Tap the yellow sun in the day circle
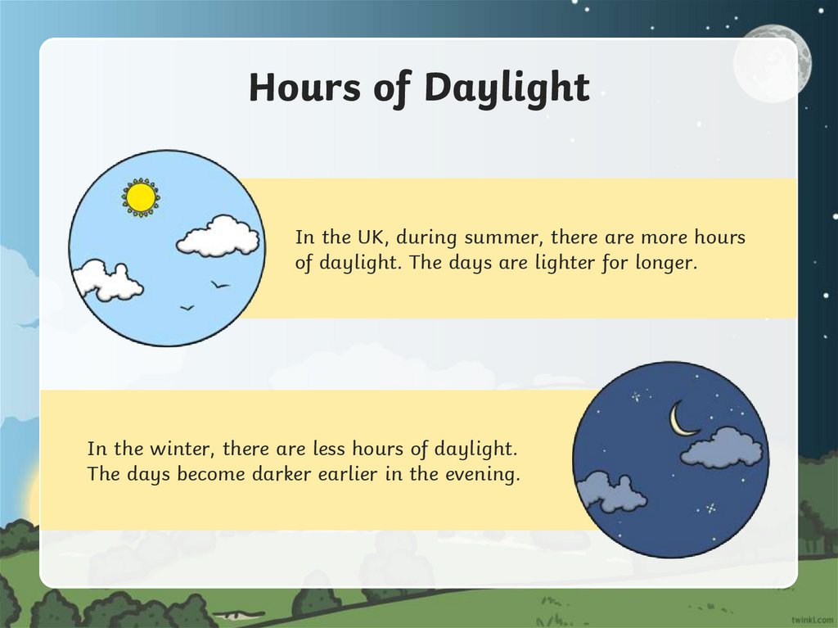[141, 197]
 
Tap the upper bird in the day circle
[219, 284]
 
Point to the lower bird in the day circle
[187, 308]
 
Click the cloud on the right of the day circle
[218, 237]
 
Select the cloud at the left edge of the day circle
[106, 281]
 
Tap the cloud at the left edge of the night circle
[609, 491]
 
